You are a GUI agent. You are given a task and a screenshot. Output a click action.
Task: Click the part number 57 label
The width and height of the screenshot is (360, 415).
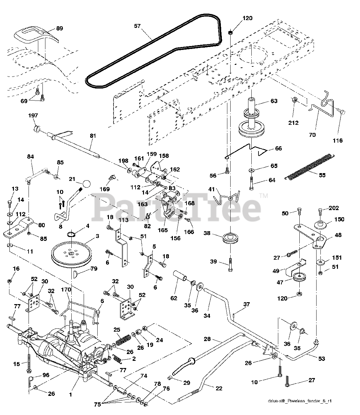[x=138, y=26]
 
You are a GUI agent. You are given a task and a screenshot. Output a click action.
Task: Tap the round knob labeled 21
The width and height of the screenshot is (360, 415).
[x=87, y=184]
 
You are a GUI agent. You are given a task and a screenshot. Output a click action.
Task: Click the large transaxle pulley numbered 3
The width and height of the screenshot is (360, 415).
[x=71, y=255]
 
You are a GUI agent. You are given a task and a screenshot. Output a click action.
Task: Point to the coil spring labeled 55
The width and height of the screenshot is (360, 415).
[x=310, y=166]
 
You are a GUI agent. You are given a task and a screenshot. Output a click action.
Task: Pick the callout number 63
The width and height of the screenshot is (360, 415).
[x=274, y=101]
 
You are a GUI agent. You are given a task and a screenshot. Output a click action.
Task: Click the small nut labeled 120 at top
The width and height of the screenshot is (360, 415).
[x=231, y=32]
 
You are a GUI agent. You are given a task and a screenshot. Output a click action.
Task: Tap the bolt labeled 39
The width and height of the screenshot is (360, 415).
[x=230, y=265]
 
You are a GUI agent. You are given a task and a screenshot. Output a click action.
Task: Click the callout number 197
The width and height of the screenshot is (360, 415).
[x=33, y=115]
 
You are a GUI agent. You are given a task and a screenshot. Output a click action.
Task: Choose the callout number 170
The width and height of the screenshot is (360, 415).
[x=66, y=290]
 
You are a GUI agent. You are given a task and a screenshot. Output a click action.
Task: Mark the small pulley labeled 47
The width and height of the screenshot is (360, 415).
[x=299, y=277]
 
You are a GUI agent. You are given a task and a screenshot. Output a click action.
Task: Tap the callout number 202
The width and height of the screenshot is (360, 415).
[x=334, y=208]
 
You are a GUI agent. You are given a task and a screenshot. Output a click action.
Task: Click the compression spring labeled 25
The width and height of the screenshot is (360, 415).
[x=122, y=340]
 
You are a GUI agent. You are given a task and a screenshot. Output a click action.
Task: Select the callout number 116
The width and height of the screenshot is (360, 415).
[x=338, y=141]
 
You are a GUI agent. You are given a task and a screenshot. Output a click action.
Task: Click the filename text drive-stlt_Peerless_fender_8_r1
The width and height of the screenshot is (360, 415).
[x=300, y=401]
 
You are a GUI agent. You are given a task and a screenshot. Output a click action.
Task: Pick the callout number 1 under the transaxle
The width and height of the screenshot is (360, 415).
[x=70, y=395]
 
